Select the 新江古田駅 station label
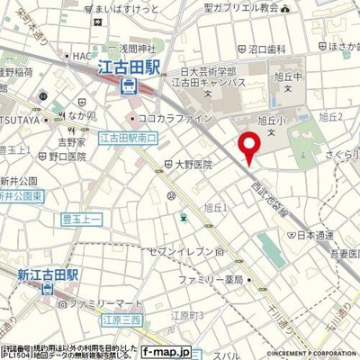tap(32, 273)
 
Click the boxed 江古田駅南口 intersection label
tap(130, 137)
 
